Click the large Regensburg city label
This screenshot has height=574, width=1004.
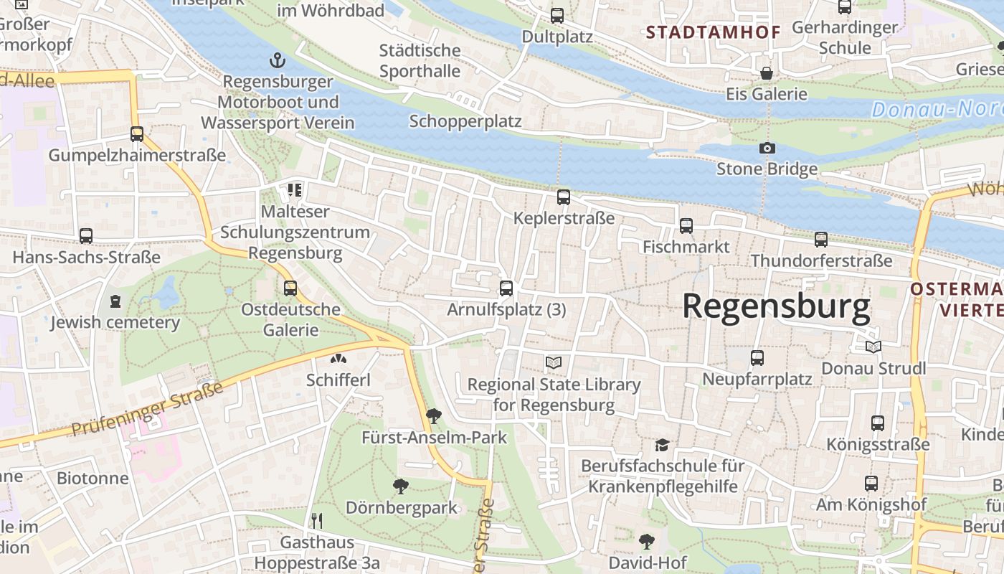point(776,306)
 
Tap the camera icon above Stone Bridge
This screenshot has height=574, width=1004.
point(767,148)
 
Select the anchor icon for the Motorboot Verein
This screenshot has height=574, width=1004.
point(277,60)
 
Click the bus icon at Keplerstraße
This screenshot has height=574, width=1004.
point(564,197)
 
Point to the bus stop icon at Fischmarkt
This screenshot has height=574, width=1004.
point(686,226)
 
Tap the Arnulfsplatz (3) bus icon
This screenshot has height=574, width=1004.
point(506,288)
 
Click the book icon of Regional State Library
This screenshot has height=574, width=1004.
point(554,363)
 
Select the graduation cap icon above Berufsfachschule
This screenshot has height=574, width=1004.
point(661,445)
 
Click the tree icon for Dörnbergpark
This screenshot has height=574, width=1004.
point(401,486)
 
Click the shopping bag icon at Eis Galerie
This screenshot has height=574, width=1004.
point(767,73)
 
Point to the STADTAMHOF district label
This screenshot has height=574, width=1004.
point(703,32)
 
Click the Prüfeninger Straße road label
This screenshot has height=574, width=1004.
point(147,410)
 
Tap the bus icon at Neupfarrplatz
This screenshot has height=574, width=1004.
point(757,357)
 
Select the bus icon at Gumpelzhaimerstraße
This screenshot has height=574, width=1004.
point(136,133)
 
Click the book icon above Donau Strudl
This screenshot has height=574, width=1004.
point(873,347)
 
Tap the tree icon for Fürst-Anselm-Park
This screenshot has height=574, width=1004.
point(433,415)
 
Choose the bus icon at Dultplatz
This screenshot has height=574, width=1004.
point(557,15)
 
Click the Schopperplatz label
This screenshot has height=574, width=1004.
point(465,121)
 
